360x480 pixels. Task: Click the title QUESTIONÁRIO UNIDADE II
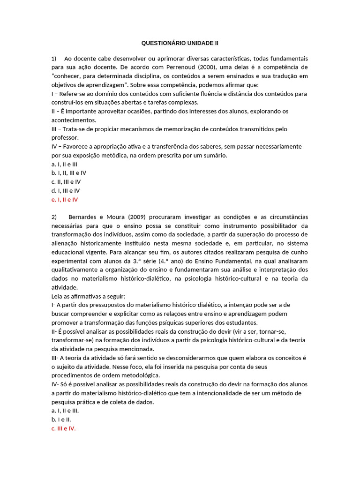coord(180,43)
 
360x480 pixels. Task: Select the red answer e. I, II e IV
coord(65,199)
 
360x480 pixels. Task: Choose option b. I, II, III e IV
coord(69,172)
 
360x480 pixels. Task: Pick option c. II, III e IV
coord(66,181)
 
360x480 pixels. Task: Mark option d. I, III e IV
coord(66,190)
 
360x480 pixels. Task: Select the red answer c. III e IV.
coord(63,428)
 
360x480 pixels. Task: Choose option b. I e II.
coord(61,420)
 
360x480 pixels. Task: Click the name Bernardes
coord(83,217)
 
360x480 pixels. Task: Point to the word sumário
coord(214,155)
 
